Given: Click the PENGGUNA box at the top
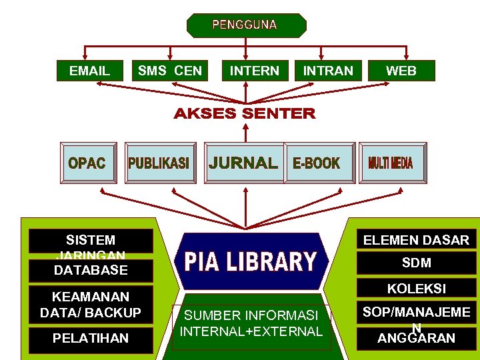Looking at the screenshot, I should (246, 25).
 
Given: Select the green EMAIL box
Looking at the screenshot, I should (90, 71).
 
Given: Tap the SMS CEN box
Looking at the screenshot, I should (170, 71).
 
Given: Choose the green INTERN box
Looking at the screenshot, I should (255, 71).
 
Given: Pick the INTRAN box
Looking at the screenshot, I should (328, 71).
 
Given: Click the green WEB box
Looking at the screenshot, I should (401, 71).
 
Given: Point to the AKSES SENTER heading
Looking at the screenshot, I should (245, 114).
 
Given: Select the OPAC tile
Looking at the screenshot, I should (87, 163).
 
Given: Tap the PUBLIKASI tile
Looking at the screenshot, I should (159, 163).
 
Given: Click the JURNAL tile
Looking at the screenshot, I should (244, 163).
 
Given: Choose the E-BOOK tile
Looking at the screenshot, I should (317, 163).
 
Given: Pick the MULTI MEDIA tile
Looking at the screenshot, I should (391, 163).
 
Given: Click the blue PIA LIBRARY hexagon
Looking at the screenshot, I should (249, 262).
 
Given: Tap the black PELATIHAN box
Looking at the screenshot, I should (91, 339).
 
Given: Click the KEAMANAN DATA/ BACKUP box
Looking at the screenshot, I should (91, 304).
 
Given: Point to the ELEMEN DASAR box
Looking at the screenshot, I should (416, 240).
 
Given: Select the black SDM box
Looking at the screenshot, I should (416, 263).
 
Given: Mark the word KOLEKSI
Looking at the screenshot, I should (416, 289).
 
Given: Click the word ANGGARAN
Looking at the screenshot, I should (416, 339).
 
